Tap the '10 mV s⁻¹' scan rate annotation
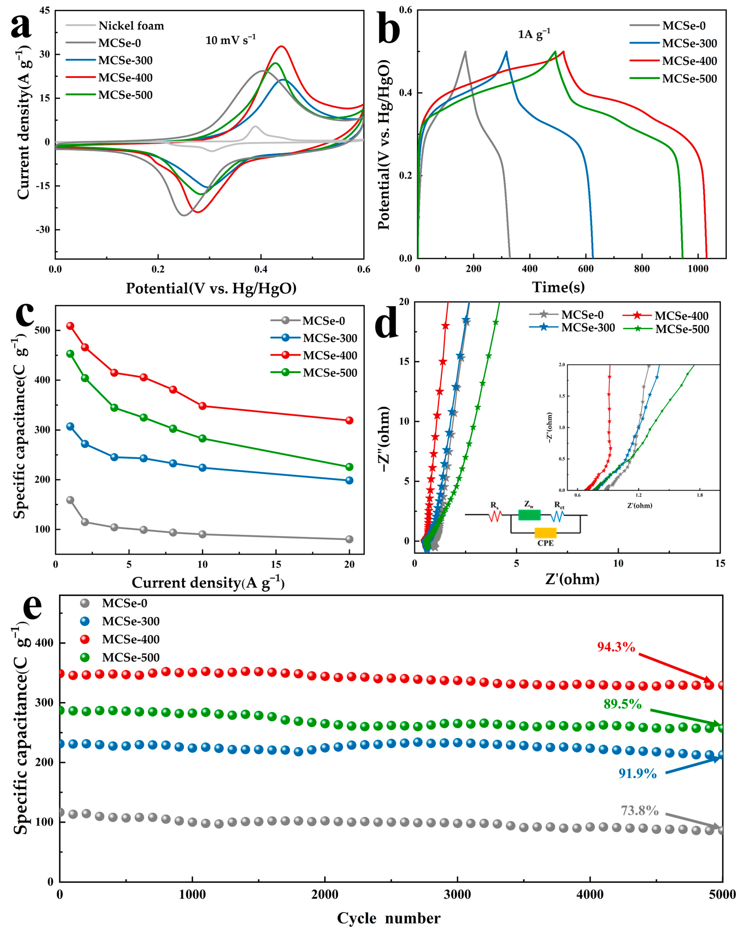point(230,40)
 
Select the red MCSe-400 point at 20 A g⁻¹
point(349,420)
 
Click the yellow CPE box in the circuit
point(545,533)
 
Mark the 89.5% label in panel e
point(622,704)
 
